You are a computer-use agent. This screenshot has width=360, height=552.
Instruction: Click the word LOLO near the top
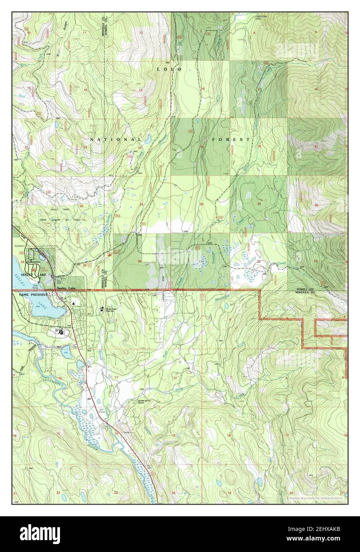coord(169,69)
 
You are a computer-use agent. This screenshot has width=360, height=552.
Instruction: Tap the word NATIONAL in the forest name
coord(115,140)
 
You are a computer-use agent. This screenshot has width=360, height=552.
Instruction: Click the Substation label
coord(20,246)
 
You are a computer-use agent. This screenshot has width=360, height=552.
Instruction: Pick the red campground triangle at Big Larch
coord(34,269)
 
